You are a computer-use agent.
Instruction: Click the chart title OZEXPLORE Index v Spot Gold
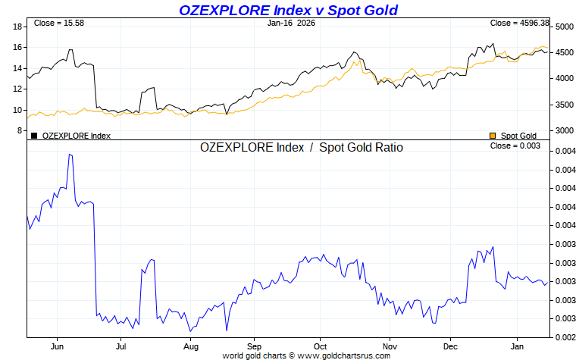click(288, 10)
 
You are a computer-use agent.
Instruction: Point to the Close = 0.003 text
click(515, 146)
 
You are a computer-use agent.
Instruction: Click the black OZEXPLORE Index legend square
click(34, 136)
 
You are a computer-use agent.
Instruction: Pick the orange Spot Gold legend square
click(493, 136)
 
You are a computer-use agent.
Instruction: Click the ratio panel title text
click(301, 148)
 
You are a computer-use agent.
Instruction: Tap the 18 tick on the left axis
click(17, 27)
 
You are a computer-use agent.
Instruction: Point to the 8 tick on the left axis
click(20, 130)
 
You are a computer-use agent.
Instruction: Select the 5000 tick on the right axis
click(563, 27)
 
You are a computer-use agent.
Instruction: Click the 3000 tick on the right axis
click(563, 130)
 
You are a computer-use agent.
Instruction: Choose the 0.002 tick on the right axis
click(563, 337)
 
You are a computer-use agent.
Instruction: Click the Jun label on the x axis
click(58, 346)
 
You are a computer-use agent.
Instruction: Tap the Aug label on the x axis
click(191, 346)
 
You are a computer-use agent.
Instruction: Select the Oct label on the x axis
click(320, 346)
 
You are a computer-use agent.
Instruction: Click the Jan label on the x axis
click(516, 346)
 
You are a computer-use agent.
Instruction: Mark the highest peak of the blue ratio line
click(70, 155)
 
